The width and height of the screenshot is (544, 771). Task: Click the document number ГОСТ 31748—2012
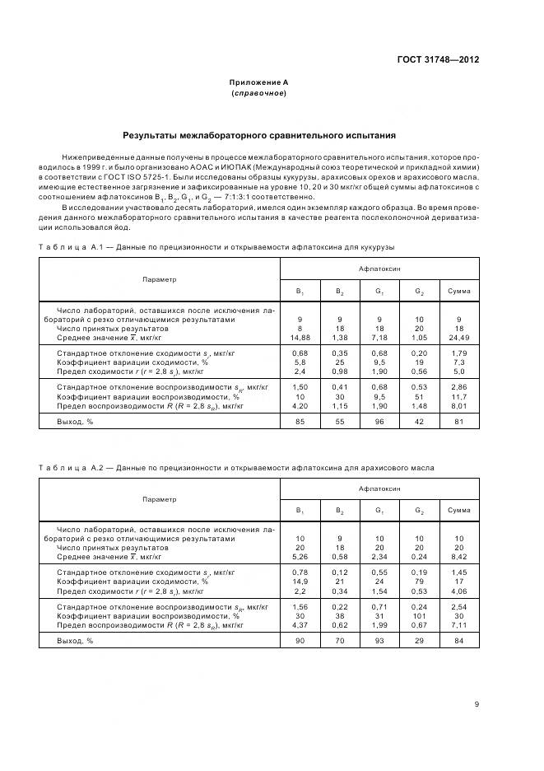click(437, 60)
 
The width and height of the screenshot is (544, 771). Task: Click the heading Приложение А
click(258, 82)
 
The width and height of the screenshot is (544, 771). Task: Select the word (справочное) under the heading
click(258, 93)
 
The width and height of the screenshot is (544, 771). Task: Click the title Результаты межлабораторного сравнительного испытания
click(258, 134)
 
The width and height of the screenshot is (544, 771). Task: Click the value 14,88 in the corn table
click(300, 336)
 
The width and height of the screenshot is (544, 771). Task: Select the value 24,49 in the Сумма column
click(458, 336)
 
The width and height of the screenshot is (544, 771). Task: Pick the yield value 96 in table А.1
click(379, 422)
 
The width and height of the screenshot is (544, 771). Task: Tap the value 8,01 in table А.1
click(458, 405)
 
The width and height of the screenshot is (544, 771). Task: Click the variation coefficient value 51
click(419, 396)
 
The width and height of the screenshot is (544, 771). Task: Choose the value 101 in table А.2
click(419, 615)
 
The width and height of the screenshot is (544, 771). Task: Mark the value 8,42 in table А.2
click(458, 556)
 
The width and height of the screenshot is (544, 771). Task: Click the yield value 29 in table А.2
click(419, 641)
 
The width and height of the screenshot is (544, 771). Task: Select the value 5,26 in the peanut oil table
click(300, 556)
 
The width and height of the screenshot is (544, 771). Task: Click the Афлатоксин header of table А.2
click(379, 488)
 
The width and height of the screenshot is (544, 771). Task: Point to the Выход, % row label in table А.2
click(75, 641)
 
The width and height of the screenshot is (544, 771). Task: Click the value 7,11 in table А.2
click(458, 624)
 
